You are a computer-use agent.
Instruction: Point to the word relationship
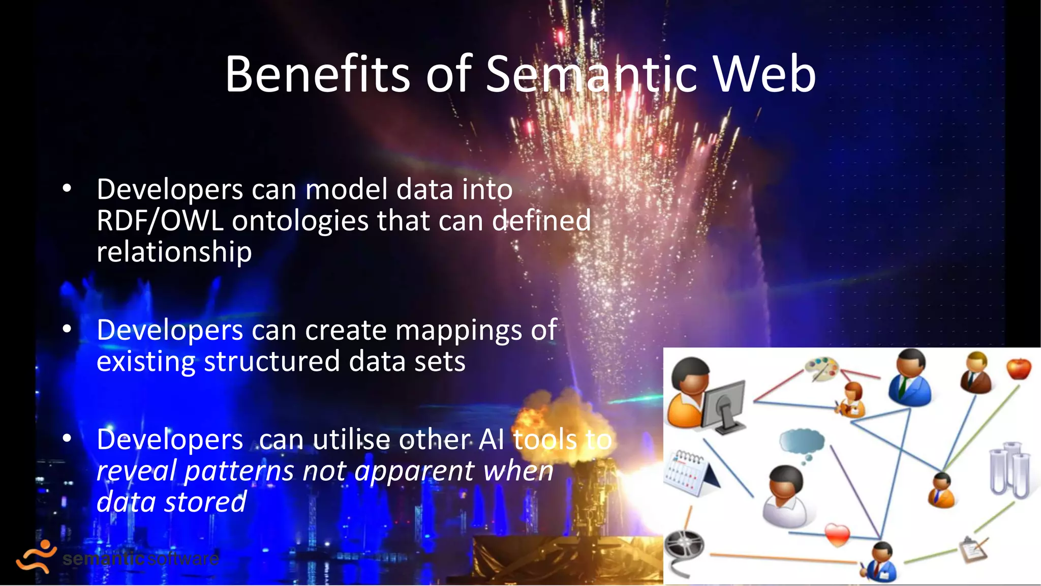point(174,252)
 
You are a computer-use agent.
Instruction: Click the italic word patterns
point(239,471)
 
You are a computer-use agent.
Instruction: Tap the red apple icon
point(1019,368)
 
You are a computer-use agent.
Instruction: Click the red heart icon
point(837,535)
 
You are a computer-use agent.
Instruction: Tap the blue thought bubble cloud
point(802,441)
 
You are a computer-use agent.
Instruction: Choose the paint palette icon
point(821,368)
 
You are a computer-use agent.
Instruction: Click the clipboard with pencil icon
point(973,549)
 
